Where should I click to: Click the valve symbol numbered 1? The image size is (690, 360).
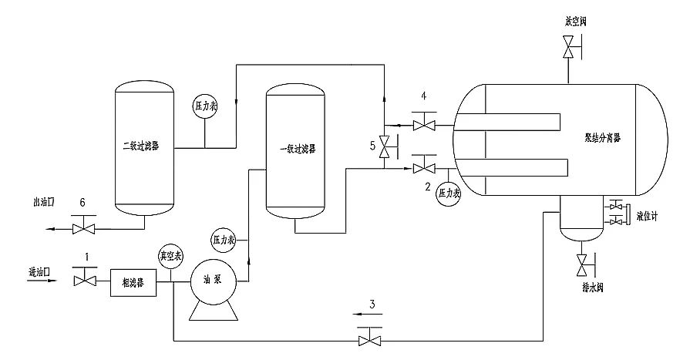click(83, 281)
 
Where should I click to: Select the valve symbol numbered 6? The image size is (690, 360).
click(83, 228)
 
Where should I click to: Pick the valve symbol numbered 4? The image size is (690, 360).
click(423, 124)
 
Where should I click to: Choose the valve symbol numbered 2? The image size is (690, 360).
click(423, 167)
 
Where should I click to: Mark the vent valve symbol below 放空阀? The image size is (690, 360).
click(571, 50)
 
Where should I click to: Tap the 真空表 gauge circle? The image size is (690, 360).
click(170, 255)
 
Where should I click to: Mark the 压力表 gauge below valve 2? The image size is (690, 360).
click(447, 193)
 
